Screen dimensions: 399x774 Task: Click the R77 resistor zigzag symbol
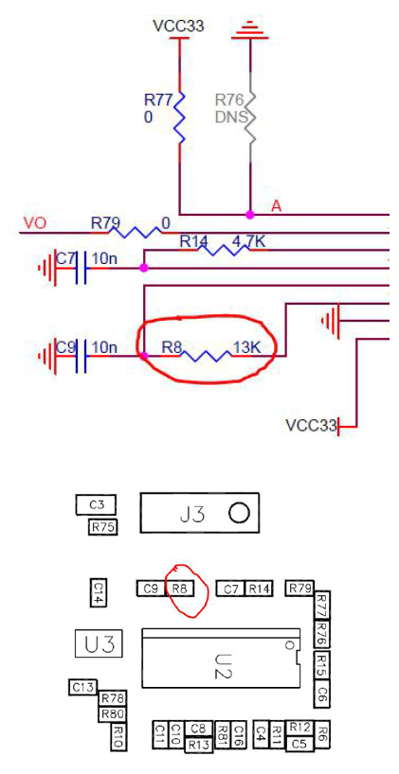coord(179,117)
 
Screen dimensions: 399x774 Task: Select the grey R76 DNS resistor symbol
coord(250,117)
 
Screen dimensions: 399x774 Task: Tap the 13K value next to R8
coord(247,347)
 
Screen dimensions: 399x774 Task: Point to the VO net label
coord(35,223)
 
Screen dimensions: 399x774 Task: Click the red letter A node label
coord(277,206)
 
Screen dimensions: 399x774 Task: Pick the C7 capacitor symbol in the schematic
coord(82,268)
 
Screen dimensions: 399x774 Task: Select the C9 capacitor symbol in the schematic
coord(82,356)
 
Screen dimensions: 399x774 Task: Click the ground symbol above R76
coord(250,30)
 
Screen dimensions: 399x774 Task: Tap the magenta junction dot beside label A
coord(250,215)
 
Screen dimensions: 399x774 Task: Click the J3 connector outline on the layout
coord(199,513)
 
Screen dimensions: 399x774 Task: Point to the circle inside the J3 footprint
coord(239,514)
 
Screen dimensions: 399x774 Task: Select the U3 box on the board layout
coord(99,643)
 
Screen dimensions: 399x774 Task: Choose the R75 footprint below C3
coord(103,527)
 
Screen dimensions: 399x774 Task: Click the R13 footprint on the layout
coord(199,745)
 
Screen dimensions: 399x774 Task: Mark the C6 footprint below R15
coord(322,693)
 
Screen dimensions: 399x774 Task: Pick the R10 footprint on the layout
coord(119,736)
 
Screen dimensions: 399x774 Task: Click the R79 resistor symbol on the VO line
coord(135,232)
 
